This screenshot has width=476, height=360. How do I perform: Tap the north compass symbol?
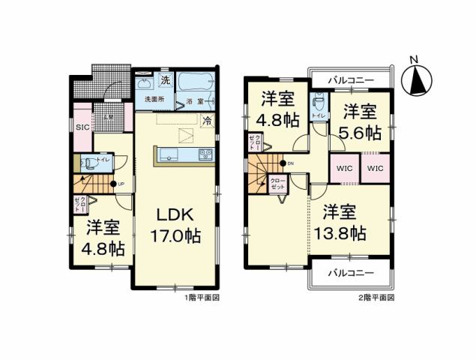pyautogui.click(x=418, y=76)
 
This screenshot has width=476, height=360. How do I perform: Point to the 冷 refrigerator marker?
pyautogui.click(x=206, y=119)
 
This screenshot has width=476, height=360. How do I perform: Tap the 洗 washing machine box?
pyautogui.click(x=165, y=80)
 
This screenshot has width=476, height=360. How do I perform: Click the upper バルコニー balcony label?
pyautogui.click(x=349, y=78)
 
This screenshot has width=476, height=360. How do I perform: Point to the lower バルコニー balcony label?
pyautogui.click(x=349, y=273)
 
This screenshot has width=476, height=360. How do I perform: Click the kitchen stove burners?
pyautogui.click(x=205, y=155)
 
